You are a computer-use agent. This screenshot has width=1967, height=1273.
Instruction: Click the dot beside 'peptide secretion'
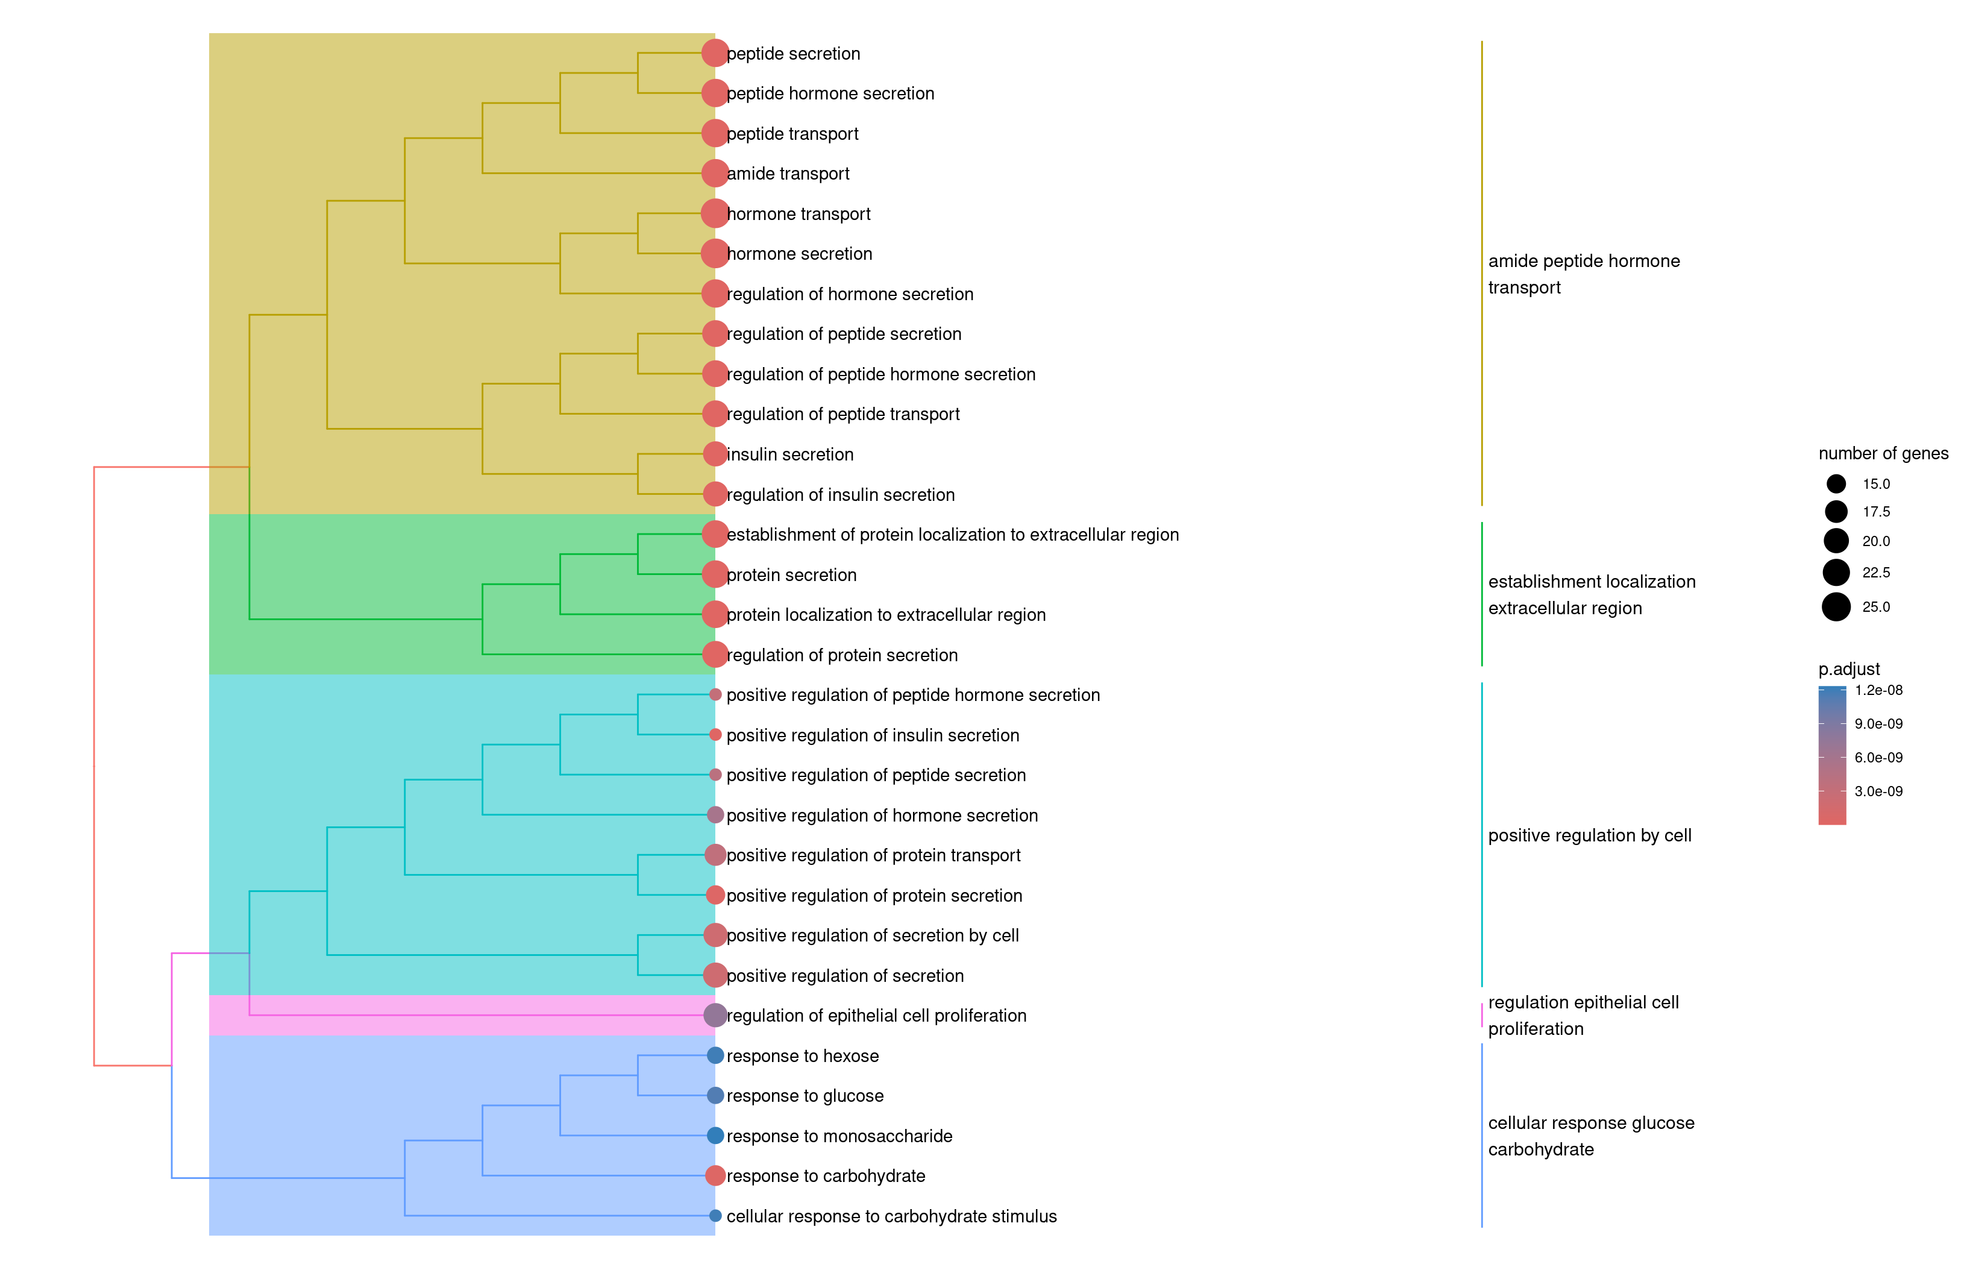(715, 53)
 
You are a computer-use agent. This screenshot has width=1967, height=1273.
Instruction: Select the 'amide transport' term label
(788, 174)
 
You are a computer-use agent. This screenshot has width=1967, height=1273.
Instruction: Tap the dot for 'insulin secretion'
(715, 454)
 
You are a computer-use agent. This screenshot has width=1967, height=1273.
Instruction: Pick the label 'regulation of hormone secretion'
(850, 294)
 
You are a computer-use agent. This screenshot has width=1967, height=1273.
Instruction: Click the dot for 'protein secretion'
(715, 574)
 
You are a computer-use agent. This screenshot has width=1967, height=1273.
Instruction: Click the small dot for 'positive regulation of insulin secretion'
(716, 735)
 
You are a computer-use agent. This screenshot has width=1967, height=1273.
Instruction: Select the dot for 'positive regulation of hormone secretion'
(716, 815)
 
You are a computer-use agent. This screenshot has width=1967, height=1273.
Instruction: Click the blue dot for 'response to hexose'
(716, 1055)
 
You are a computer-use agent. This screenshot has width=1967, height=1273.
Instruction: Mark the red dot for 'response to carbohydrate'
(716, 1175)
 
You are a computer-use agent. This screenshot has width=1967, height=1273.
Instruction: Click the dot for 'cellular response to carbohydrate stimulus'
(716, 1216)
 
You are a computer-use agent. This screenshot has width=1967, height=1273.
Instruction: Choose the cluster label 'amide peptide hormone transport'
(1584, 274)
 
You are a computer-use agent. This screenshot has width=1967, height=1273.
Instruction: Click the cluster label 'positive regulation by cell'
(1589, 836)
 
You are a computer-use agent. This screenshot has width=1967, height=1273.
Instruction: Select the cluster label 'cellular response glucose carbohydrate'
(1591, 1136)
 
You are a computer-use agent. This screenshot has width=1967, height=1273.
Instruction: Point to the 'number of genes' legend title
(1883, 453)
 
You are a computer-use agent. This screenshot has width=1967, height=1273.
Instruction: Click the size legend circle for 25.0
(1836, 607)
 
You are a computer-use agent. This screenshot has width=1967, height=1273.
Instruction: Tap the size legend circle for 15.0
(1836, 483)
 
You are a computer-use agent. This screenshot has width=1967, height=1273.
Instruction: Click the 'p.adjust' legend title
(1849, 668)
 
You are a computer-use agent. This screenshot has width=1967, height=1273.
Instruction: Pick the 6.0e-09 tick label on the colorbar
(1878, 757)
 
